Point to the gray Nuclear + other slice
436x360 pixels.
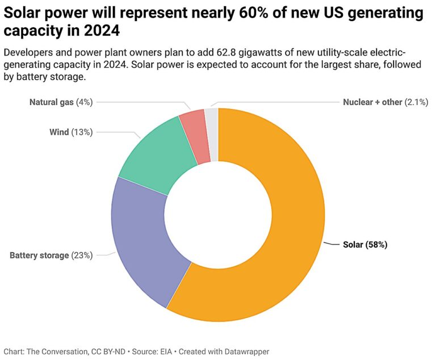tap(212, 133)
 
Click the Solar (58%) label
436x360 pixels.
tap(365, 245)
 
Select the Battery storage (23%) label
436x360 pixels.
tap(51, 255)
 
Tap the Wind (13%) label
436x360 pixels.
tap(71, 132)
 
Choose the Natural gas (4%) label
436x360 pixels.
tap(61, 102)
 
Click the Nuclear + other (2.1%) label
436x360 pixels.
tap(385, 102)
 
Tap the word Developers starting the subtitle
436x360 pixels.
tap(27, 53)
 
